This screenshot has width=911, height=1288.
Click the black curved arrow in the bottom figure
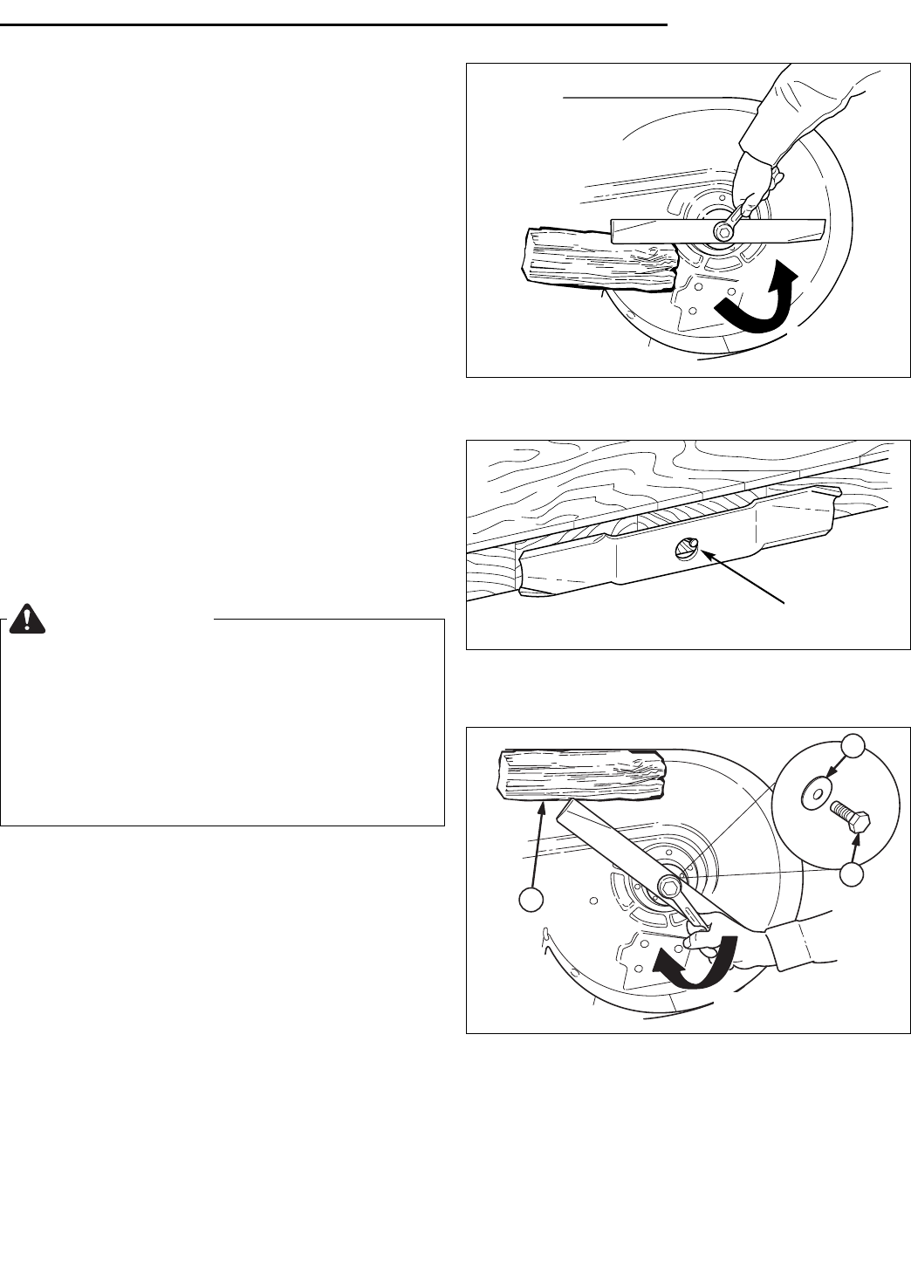[698, 963]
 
